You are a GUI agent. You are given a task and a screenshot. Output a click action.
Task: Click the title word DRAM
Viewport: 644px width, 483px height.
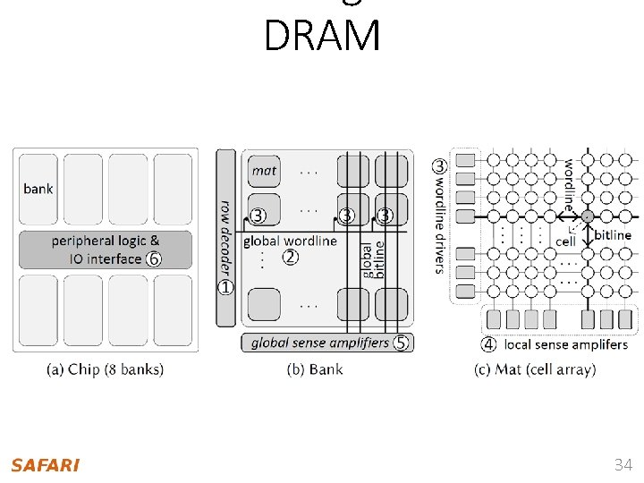(322, 37)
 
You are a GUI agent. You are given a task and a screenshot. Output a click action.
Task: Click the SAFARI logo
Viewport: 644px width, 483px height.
(46, 465)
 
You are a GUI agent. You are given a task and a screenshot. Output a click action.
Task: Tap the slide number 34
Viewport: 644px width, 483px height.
(623, 465)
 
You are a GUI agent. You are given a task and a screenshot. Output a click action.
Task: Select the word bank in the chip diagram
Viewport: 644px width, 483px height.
(38, 189)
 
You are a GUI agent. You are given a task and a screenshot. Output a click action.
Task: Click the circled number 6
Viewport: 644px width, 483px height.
(154, 259)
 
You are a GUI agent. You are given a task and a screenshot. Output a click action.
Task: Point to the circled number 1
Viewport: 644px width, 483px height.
(225, 287)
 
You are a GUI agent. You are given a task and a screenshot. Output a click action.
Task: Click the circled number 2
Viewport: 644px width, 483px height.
(290, 258)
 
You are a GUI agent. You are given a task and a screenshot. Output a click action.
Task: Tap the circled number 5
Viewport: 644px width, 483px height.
(400, 343)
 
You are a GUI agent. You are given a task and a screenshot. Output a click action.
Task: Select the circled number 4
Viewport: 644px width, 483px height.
(489, 344)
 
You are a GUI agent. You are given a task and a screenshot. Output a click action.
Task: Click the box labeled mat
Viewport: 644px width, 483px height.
(264, 171)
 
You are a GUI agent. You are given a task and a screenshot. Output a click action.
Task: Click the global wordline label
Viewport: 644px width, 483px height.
(290, 241)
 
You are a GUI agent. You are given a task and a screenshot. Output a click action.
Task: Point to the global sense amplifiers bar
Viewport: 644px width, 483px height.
(319, 343)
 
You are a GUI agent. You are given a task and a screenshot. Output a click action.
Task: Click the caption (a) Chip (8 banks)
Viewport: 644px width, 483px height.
(106, 369)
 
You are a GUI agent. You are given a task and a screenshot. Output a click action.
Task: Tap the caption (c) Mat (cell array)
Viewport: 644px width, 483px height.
(535, 369)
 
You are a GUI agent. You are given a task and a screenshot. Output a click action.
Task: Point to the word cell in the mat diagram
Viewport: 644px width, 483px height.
(565, 241)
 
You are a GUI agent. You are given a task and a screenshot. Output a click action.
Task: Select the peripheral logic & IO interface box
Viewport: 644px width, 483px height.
(106, 250)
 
